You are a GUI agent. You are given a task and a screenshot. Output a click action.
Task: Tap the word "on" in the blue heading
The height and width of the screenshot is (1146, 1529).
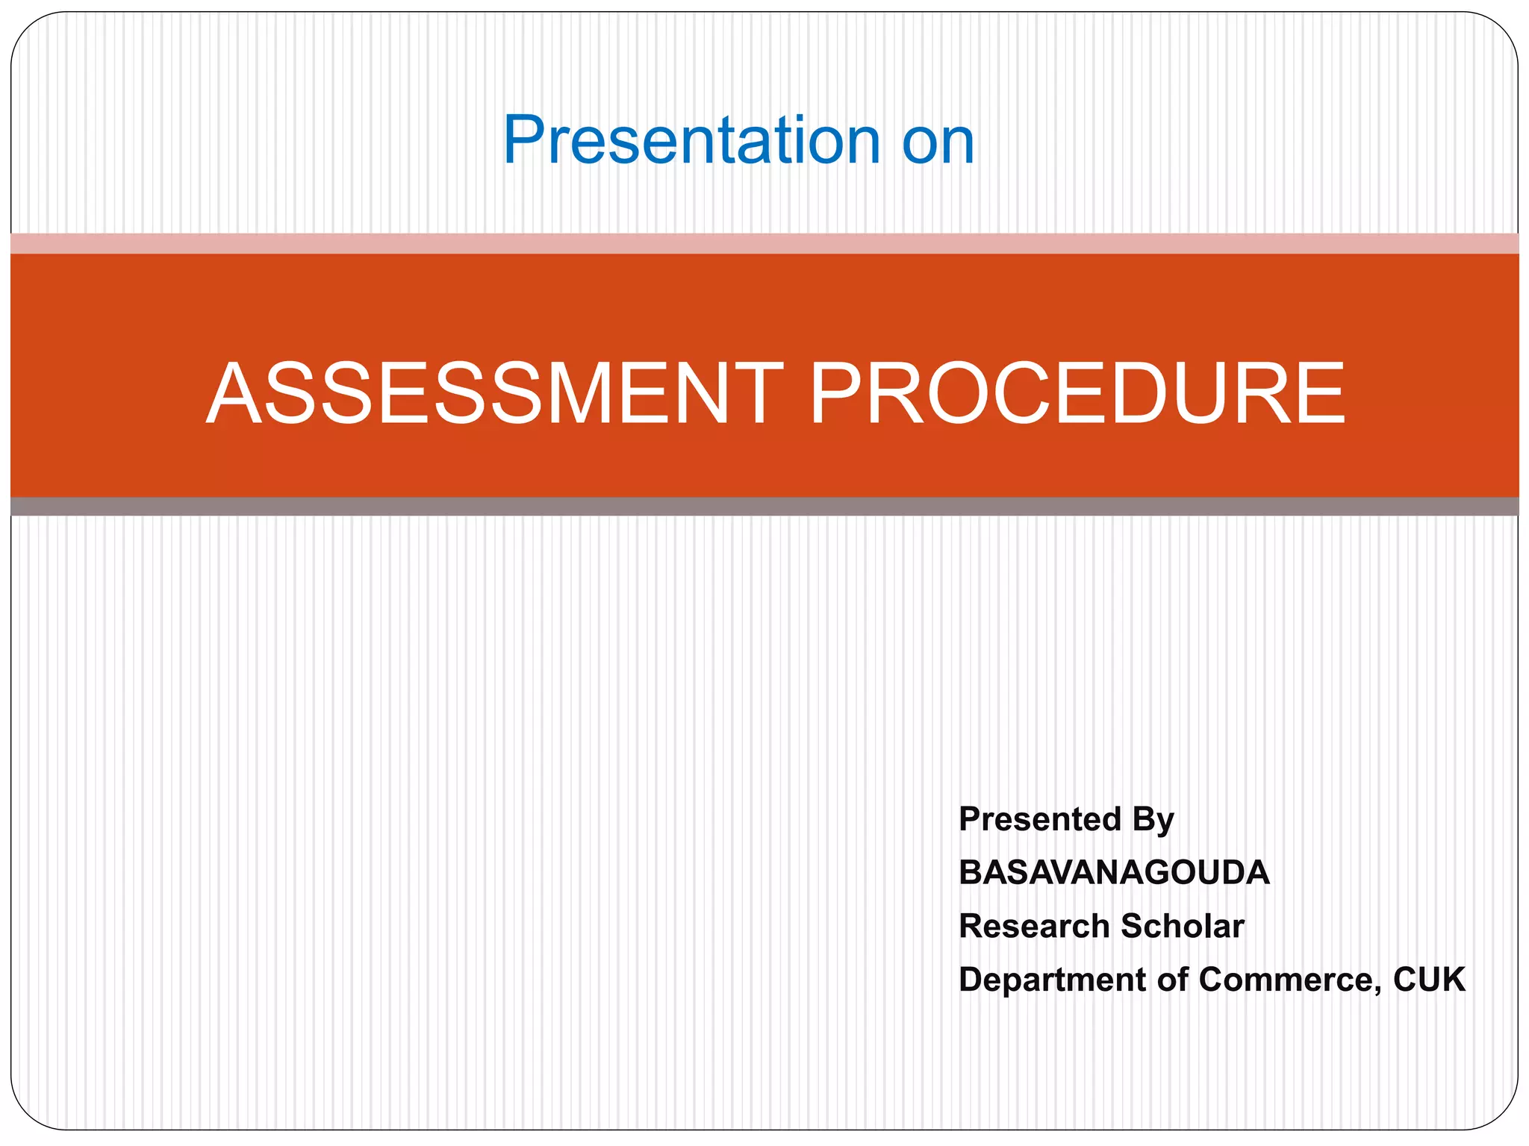click(938, 142)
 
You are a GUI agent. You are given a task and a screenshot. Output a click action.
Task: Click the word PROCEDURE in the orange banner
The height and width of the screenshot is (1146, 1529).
click(1077, 393)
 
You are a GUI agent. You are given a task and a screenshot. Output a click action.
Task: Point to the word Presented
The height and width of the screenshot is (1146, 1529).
click(1040, 819)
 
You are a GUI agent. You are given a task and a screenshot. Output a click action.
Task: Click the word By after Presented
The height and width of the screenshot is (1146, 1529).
click(1153, 821)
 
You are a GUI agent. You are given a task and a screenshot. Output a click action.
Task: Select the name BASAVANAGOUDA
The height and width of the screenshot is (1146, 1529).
click(1114, 873)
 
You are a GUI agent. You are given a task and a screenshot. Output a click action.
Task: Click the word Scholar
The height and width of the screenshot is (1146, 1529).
click(1183, 927)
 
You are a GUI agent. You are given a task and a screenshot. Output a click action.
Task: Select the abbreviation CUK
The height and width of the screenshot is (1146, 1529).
click(1429, 980)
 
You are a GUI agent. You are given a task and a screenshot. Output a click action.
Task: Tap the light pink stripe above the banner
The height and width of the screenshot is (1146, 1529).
click(764, 243)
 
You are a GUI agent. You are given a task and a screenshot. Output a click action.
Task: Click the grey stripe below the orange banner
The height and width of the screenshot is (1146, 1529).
click(764, 507)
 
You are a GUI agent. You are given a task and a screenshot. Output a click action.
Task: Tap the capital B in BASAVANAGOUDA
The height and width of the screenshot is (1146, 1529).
click(971, 873)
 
